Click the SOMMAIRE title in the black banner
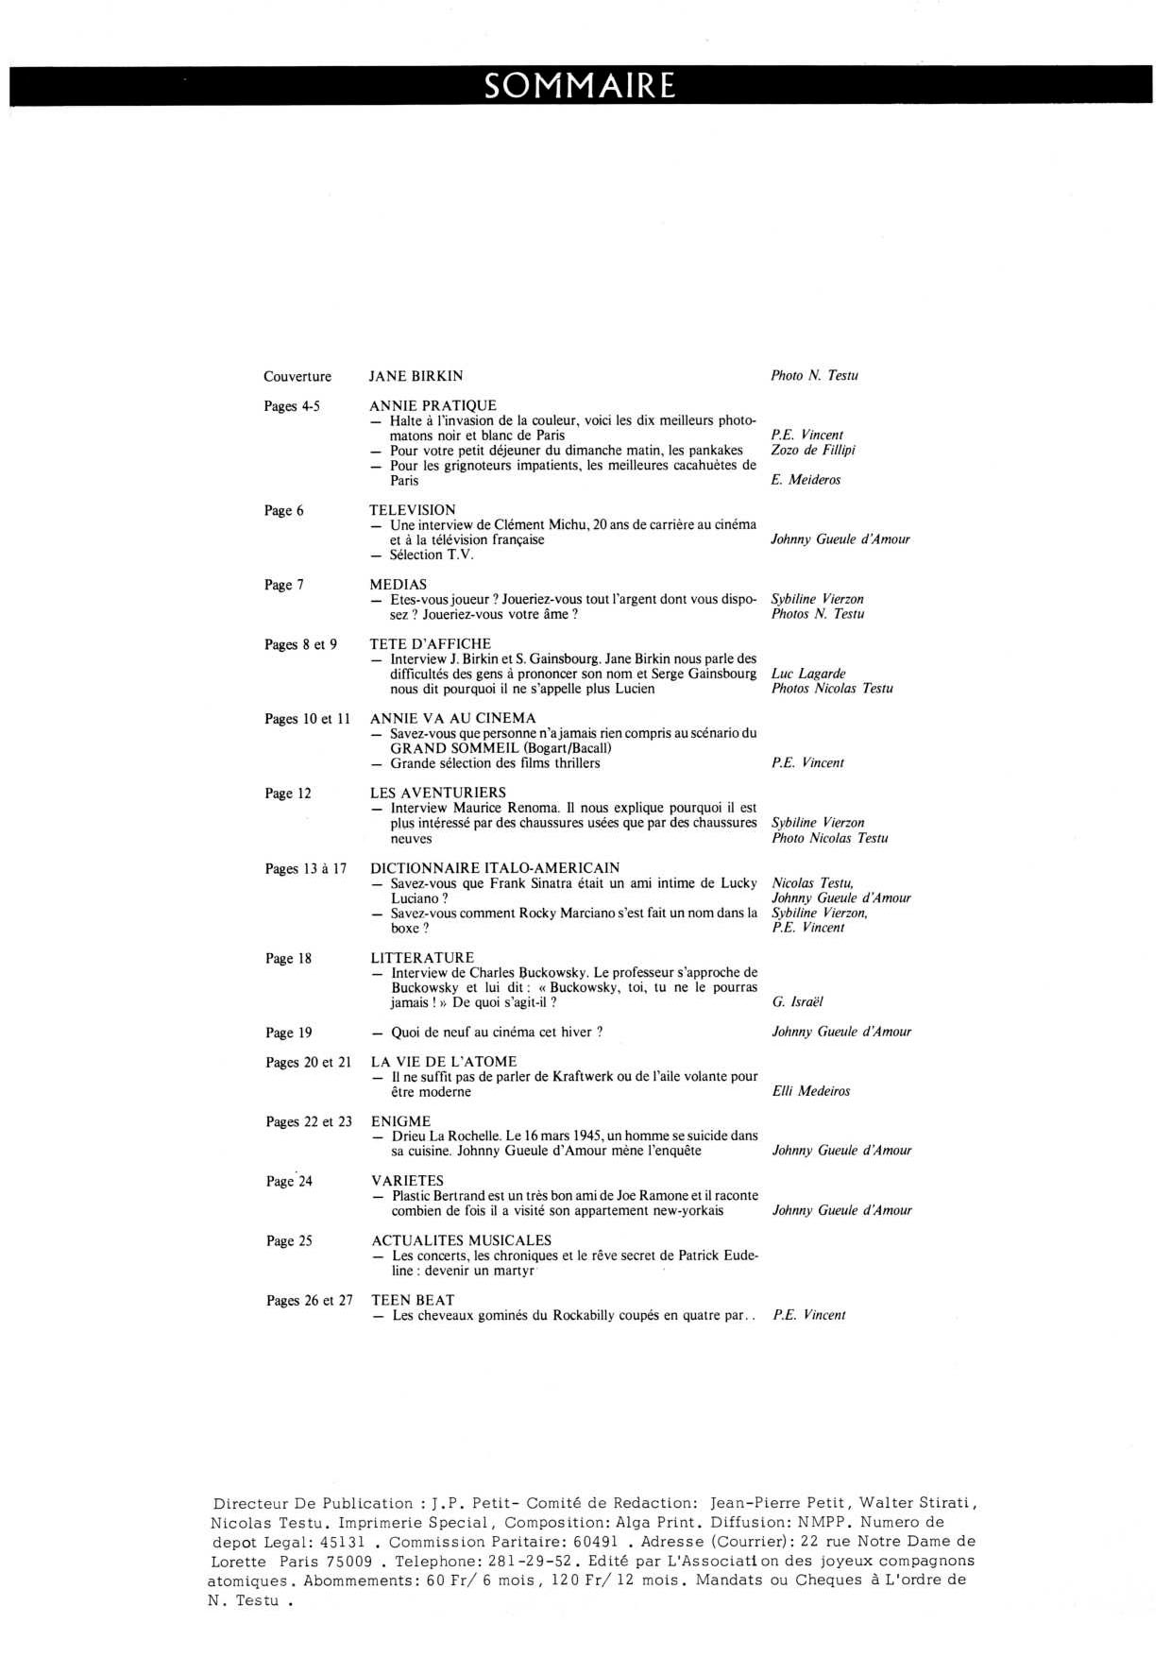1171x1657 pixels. [580, 86]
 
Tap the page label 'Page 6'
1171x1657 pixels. [284, 511]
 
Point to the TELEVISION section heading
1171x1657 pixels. [412, 510]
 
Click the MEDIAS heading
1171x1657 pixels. [398, 585]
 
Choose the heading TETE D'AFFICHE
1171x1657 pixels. [430, 644]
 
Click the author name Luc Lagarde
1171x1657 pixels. [808, 674]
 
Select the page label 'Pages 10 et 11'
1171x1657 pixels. [307, 719]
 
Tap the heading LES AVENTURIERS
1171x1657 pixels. [438, 793]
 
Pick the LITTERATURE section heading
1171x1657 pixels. [422, 958]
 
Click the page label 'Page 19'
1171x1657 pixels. [289, 1033]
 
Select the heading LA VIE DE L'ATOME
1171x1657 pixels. [444, 1062]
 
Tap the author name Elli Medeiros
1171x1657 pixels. [811, 1091]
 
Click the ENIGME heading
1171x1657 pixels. [400, 1121]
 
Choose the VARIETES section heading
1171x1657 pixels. [407, 1181]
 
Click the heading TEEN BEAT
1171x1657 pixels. [413, 1300]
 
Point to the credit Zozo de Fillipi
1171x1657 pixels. [813, 450]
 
